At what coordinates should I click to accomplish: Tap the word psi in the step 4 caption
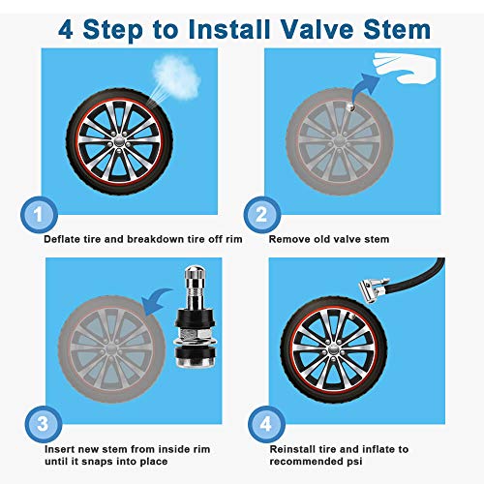355,463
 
